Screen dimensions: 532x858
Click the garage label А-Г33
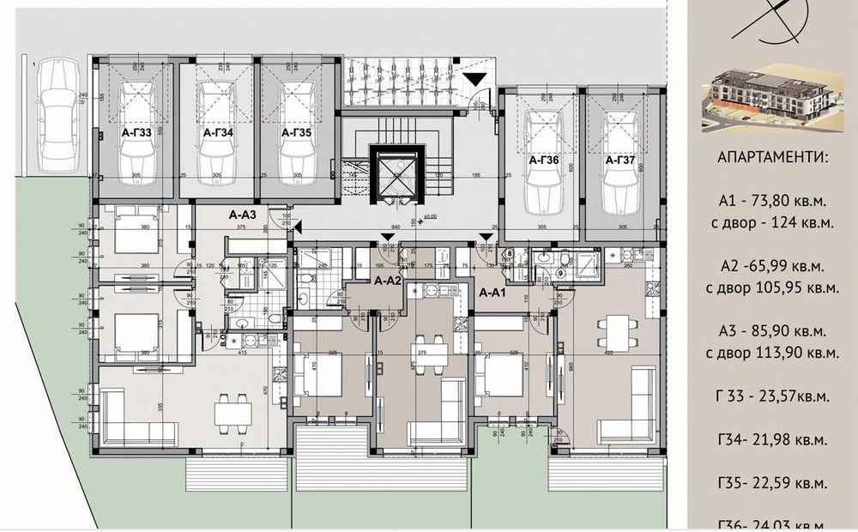[136, 134]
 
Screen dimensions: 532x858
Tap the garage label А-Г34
[218, 134]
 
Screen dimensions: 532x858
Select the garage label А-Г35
[298, 134]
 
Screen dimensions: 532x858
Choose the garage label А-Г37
[619, 160]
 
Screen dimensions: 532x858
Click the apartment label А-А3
[245, 216]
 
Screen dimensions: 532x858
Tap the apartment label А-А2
[388, 281]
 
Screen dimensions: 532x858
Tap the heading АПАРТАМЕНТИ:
[773, 160]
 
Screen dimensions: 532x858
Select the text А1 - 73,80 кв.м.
[773, 203]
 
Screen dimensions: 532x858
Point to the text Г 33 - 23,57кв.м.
[773, 396]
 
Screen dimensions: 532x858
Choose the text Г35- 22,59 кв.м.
[773, 482]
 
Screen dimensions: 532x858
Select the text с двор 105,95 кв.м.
[773, 287]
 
